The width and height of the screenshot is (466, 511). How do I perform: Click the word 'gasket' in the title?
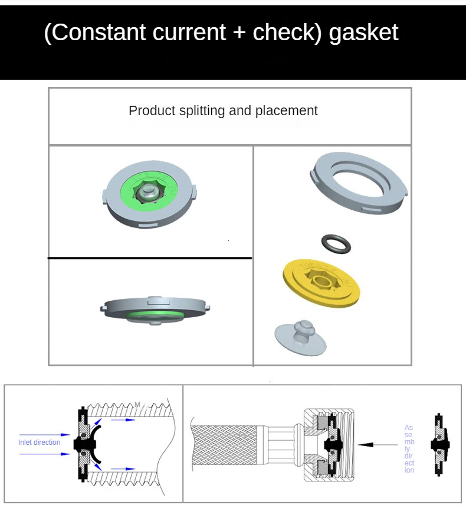click(x=363, y=32)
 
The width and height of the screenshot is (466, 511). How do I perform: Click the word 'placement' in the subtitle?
click(x=286, y=110)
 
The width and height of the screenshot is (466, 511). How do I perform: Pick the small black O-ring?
click(x=336, y=243)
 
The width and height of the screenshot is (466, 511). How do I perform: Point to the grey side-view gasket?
click(x=156, y=309)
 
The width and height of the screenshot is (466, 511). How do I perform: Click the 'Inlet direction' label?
click(x=40, y=442)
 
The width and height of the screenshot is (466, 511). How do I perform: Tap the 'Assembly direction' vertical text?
click(x=409, y=448)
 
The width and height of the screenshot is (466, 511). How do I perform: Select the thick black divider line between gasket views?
click(x=150, y=258)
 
